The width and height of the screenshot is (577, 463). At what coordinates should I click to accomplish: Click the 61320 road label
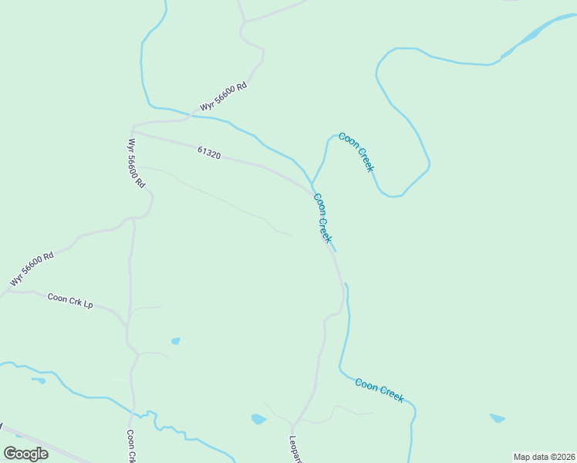tap(209, 154)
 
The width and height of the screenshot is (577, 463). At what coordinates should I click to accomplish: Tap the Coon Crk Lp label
tap(70, 301)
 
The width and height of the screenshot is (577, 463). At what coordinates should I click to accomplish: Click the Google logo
tap(25, 453)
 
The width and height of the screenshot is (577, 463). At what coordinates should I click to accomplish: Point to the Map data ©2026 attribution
tap(544, 457)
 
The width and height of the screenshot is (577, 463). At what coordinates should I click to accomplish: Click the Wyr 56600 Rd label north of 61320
tap(223, 97)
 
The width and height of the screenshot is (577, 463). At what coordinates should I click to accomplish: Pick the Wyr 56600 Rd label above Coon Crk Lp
tap(32, 269)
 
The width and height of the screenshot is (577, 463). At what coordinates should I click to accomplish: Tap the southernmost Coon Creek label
tap(380, 389)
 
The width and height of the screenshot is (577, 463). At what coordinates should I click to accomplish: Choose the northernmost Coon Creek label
tap(356, 152)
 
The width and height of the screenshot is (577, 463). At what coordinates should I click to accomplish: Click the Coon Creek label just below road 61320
tap(322, 218)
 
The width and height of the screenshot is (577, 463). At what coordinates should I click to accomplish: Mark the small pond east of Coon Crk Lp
tap(176, 340)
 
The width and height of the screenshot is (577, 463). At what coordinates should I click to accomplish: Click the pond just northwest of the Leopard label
tap(258, 419)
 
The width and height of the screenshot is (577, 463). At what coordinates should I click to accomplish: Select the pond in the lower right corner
tap(498, 418)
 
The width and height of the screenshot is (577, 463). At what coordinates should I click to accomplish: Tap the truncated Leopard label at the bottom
tap(295, 449)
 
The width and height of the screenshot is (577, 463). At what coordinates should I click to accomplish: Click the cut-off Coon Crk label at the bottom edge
tap(131, 446)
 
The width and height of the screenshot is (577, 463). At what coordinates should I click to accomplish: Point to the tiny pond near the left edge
tap(39, 380)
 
